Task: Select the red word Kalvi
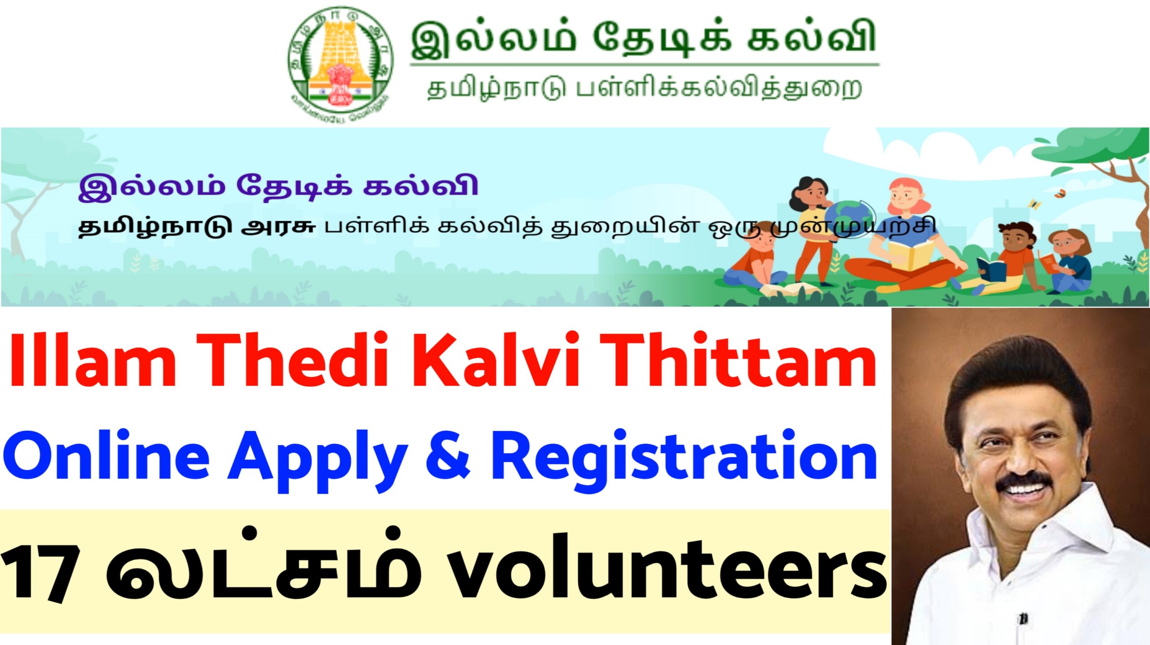click(496, 360)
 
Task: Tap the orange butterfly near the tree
click(1060, 194)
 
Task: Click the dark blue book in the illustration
click(992, 269)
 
